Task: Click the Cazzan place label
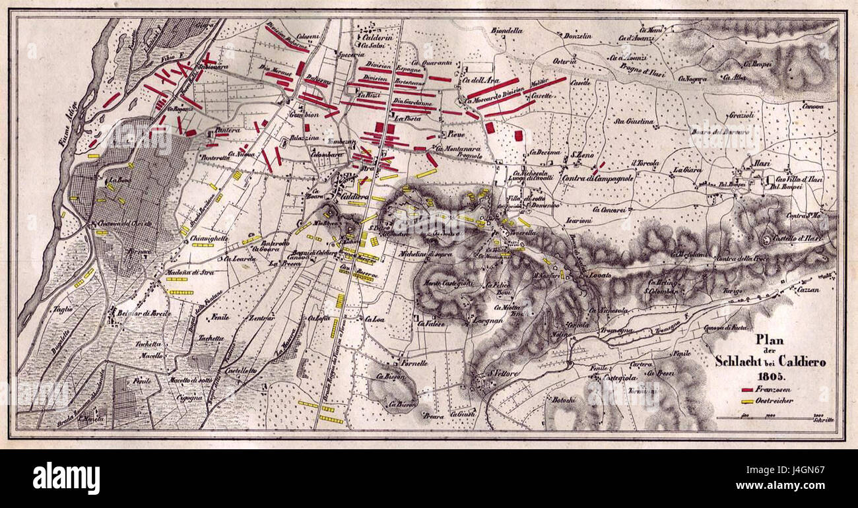point(807,289)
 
